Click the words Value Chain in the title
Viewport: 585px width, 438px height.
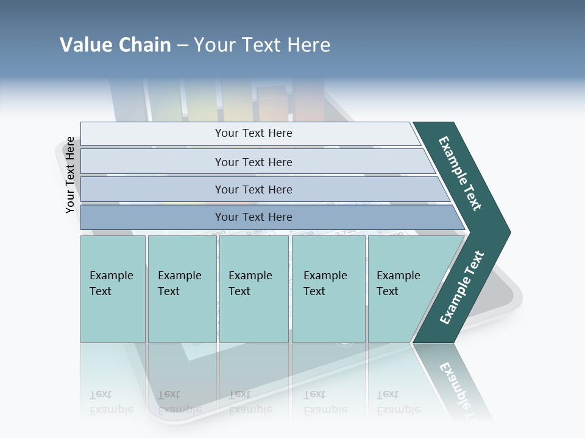point(115,45)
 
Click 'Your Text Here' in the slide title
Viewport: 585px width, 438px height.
point(262,45)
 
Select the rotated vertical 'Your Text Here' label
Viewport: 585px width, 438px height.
point(70,175)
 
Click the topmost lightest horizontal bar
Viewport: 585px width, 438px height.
point(250,133)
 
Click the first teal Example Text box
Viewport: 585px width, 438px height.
point(113,289)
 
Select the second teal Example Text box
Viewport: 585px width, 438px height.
point(182,289)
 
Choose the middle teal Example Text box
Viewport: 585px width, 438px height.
point(253,289)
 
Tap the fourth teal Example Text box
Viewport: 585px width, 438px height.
point(328,289)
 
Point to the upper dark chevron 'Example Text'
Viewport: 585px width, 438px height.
point(460,173)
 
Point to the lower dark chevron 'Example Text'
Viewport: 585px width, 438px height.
point(461,288)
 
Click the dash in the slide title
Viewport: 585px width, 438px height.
point(182,46)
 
